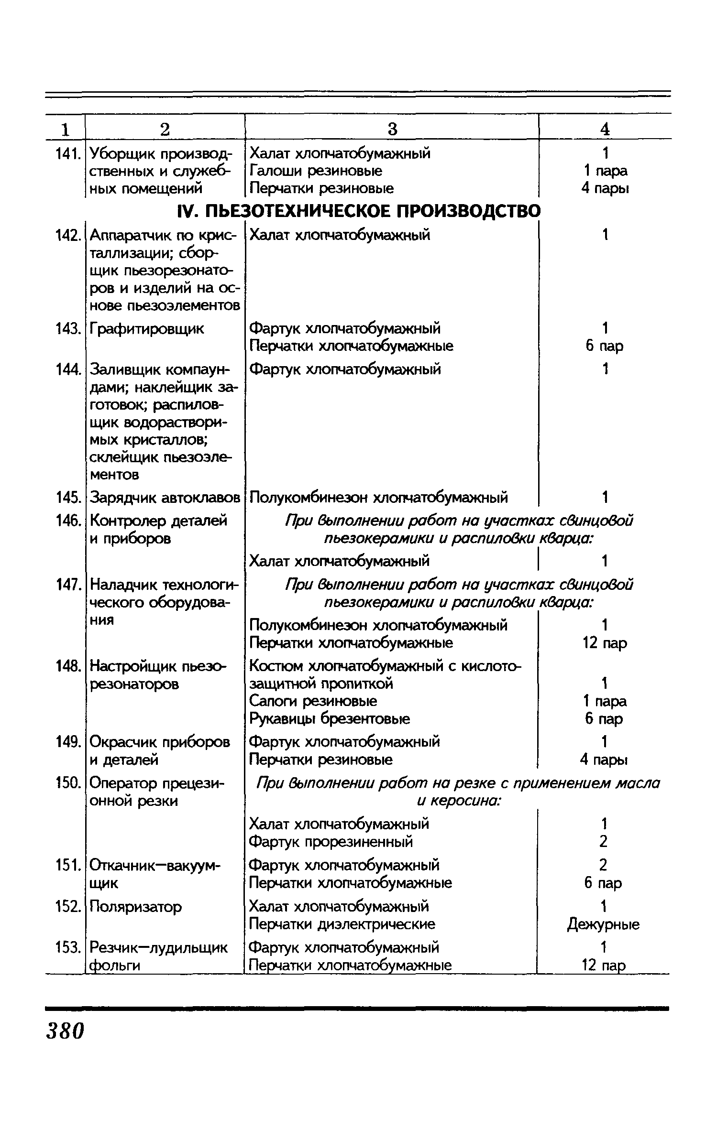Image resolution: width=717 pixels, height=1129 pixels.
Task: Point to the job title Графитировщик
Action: coord(147,329)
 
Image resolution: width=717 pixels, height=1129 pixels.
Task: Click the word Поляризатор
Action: coord(136,907)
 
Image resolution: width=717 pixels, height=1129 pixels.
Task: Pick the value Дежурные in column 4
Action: coord(603,924)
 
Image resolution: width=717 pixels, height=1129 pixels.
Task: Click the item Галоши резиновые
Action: coord(316,171)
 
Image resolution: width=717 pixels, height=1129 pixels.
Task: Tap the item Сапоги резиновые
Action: coord(313,701)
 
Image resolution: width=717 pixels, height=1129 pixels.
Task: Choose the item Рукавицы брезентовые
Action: coord(330,719)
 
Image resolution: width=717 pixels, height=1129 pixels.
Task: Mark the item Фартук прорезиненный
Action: coord(331,841)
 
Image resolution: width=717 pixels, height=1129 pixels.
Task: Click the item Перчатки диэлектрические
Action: coord(342,924)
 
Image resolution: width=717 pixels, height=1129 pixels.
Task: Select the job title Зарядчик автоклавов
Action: coord(165,498)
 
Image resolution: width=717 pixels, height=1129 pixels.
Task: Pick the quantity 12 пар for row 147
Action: coord(604,643)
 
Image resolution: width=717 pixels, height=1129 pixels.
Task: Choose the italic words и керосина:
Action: coord(458,801)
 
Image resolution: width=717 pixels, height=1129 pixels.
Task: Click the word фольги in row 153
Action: coord(115,966)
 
